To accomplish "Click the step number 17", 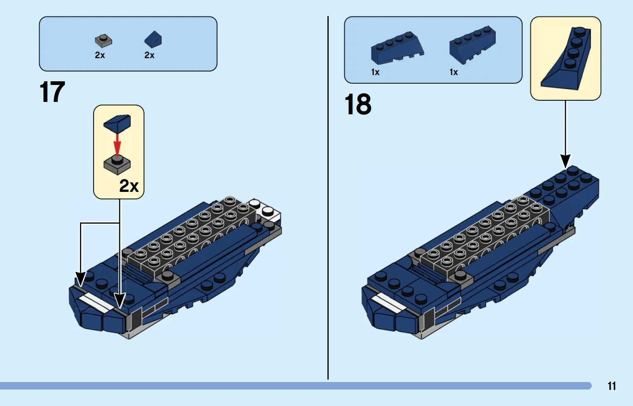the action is coord(52,92).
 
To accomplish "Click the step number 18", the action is coord(358,104).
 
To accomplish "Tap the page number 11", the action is coord(612,386).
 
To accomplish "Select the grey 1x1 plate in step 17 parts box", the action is coord(103,41).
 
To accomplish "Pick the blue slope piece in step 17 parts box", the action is coord(153,39).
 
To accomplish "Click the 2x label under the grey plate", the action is coord(100,55).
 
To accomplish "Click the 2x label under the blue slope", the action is coord(149,55).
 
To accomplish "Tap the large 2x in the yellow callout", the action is coord(129,186).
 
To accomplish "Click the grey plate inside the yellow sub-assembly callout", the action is coord(117,165).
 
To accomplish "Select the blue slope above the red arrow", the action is coord(117,123).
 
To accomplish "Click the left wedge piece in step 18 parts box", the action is coord(397,48).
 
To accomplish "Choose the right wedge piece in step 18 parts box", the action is coord(472,45).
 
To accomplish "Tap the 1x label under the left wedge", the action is coord(375,72).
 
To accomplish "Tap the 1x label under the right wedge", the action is coord(454,72).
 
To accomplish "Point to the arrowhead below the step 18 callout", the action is coord(565,161).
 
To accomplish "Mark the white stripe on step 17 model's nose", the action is coord(96,302).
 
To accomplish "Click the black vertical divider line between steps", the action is coord(328,198).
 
